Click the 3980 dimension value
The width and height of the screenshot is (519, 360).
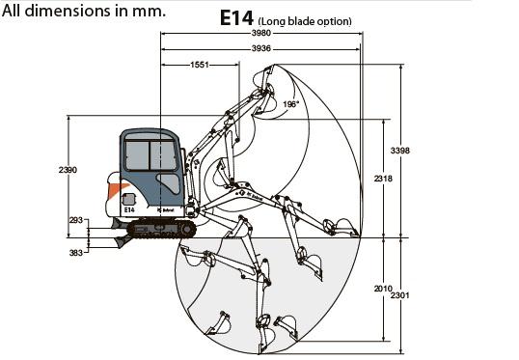(261, 33)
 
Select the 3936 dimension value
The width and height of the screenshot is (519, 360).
(261, 48)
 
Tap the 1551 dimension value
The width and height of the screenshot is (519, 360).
(200, 65)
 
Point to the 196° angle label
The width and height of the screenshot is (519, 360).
(290, 104)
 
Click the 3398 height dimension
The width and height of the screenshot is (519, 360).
(399, 151)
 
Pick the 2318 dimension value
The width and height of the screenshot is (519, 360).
(383, 179)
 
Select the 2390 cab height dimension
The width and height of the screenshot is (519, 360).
(68, 170)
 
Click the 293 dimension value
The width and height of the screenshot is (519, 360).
(76, 220)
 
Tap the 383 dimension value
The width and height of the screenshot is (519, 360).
(76, 253)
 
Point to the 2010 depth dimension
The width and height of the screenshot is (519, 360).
(383, 289)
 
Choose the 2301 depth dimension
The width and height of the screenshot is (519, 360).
(399, 295)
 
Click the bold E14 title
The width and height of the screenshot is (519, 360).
(236, 18)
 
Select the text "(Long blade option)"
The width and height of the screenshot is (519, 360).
(305, 21)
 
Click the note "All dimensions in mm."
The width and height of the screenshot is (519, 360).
(83, 11)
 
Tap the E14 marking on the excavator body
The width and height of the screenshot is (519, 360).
(129, 209)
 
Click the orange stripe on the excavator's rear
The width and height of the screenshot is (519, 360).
(117, 190)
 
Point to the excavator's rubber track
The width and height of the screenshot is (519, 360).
(161, 229)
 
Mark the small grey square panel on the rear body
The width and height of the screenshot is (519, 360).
(128, 200)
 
